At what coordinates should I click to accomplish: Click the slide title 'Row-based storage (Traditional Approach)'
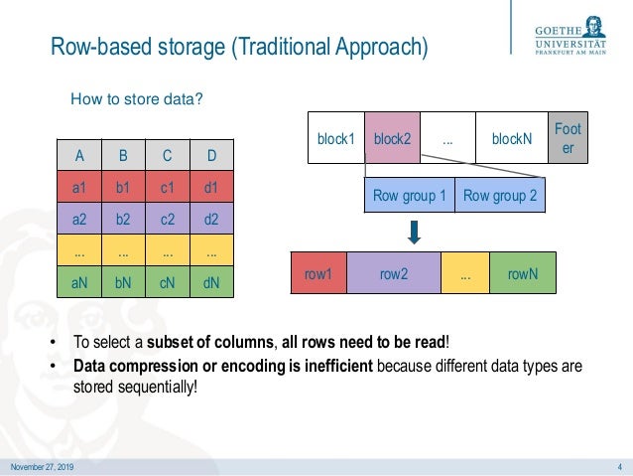coord(238,47)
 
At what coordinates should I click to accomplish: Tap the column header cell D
coord(211,155)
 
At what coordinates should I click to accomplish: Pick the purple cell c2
coord(167,217)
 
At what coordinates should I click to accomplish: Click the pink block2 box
coord(393,140)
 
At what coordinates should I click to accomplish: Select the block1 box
coord(336,140)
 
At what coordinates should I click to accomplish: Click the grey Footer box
coord(569,138)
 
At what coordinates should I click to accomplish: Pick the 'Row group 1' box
coord(410,196)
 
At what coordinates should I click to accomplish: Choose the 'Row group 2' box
coord(500,196)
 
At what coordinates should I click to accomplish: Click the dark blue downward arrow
coord(416,232)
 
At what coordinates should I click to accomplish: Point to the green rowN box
coord(523,272)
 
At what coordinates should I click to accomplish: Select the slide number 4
coord(619,467)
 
